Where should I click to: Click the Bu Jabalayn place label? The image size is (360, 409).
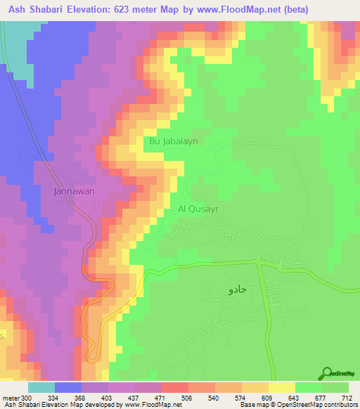pos(172,141)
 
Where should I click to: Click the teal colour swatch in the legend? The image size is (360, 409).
pos(41,388)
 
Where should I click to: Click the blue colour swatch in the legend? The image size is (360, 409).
pos(68,388)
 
